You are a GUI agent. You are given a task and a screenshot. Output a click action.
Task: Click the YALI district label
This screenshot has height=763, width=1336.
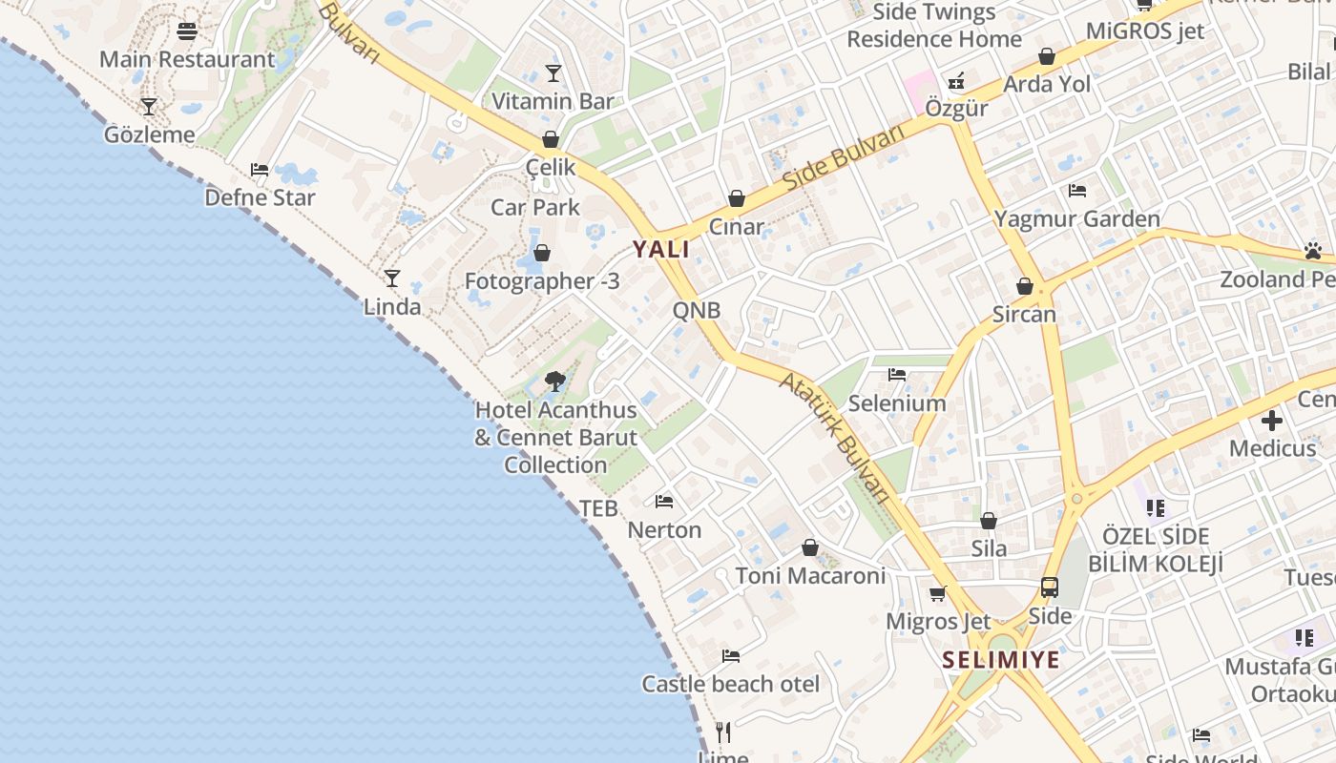660,250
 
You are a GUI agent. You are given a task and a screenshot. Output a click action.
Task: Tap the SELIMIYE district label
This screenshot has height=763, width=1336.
1001,660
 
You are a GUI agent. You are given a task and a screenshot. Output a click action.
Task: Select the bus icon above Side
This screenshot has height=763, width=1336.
1050,588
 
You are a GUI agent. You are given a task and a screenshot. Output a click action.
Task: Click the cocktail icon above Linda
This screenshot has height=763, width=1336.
391,278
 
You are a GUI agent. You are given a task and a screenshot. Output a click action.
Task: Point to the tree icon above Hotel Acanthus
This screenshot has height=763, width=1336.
555,382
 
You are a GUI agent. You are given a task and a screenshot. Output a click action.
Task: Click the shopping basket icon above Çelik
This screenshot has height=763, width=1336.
550,139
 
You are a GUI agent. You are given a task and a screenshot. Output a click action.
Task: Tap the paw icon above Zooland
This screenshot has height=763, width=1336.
1313,252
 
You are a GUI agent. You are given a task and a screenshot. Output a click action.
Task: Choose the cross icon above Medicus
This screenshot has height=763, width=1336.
1272,421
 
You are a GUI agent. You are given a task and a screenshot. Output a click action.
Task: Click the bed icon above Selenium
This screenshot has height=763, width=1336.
897,375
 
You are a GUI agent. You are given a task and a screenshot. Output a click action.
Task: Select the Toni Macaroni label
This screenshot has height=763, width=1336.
810,576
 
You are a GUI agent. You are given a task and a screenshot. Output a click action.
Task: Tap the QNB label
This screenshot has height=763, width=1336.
697,310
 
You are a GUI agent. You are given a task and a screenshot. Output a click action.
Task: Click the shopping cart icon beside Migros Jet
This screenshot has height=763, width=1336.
938,593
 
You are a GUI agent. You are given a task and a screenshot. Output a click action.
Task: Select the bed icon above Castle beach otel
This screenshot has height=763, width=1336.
731,656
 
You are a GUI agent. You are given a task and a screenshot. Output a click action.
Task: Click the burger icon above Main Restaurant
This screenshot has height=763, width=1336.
187,31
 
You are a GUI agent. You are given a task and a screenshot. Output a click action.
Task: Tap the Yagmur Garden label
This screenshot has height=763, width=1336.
1077,219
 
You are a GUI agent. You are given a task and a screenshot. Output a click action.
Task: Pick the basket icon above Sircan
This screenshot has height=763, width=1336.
1025,286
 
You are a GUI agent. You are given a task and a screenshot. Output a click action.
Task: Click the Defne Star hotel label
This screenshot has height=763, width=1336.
260,198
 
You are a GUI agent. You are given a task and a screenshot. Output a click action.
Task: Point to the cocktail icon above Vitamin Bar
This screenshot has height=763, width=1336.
553,73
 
